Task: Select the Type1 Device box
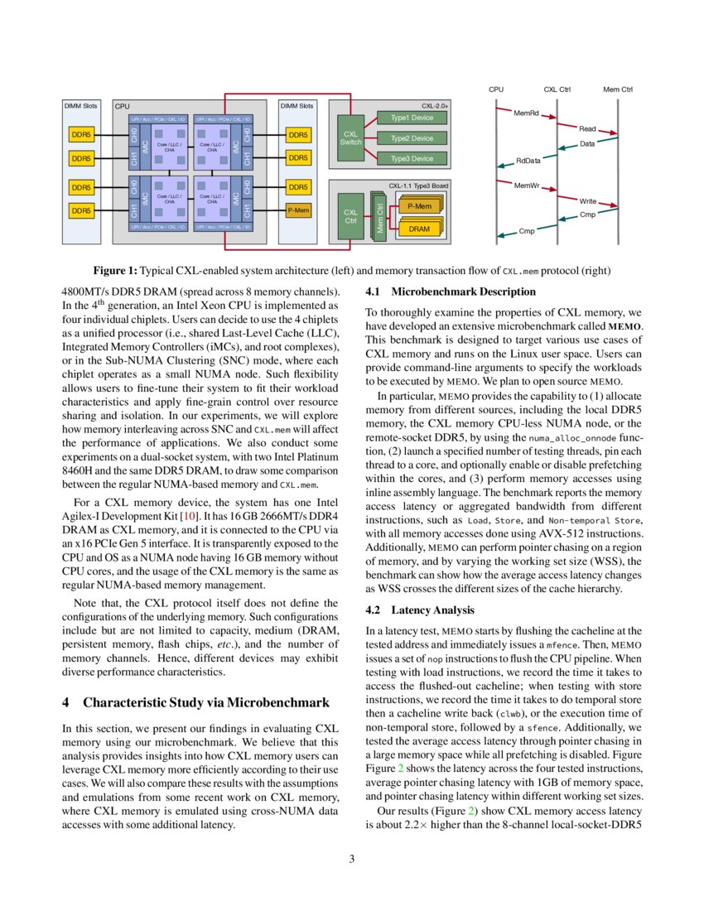tap(412, 118)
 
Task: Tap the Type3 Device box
tap(412, 158)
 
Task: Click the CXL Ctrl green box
tap(350, 217)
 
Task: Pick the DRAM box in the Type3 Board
tap(420, 228)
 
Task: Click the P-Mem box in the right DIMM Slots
tap(298, 210)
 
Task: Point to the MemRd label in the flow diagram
tap(527, 112)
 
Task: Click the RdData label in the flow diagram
tap(528, 161)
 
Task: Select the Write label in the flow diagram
tap(588, 201)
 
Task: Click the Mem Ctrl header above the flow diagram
tap(618, 89)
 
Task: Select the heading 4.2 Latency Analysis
tap(421, 610)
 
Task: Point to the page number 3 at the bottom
tap(352, 859)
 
